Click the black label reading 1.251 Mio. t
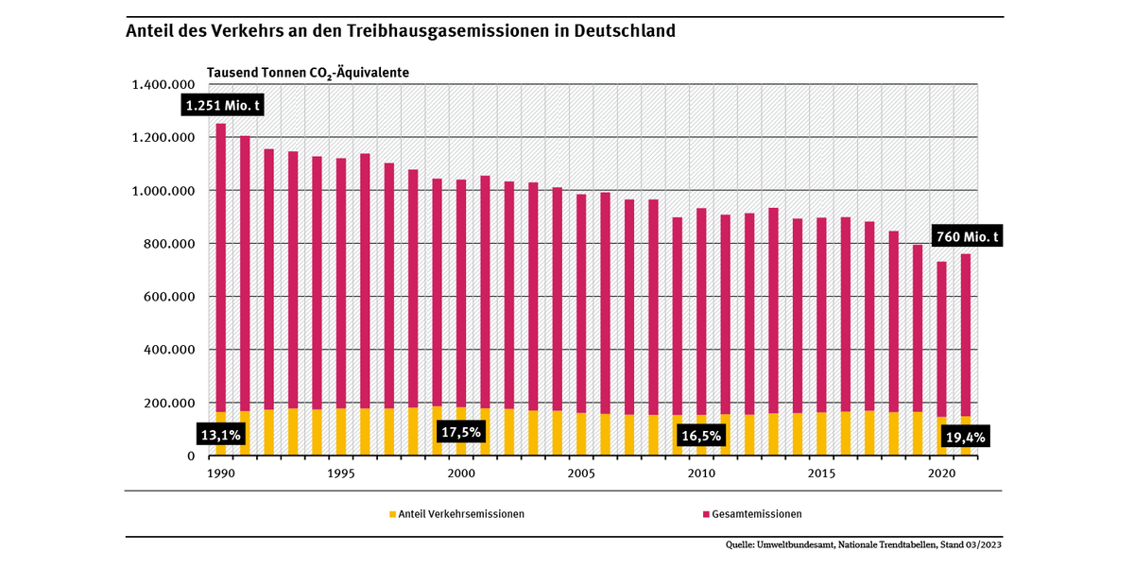222,105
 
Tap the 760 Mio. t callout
967,236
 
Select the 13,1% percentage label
222,435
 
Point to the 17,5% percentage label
461,432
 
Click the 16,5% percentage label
701,435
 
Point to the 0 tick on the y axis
190,456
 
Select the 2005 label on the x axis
580,474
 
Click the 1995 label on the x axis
340,474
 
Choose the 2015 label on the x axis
820,474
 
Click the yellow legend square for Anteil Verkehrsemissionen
391,514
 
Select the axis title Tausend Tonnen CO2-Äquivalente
307,73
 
